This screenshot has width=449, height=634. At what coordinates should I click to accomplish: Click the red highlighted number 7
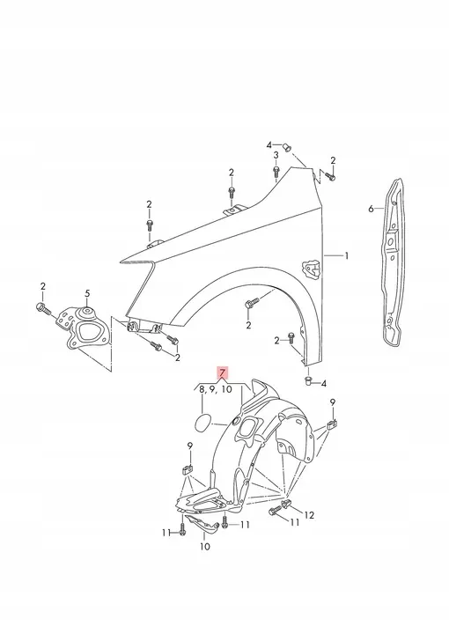click(x=223, y=373)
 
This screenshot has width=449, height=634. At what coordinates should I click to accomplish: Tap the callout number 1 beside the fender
click(x=347, y=256)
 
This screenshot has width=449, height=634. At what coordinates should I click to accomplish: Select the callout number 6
click(x=372, y=209)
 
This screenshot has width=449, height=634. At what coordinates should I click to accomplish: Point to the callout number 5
click(x=87, y=293)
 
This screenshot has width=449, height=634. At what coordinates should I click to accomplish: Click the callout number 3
click(x=276, y=155)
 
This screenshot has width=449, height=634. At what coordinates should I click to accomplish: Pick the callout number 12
click(x=310, y=513)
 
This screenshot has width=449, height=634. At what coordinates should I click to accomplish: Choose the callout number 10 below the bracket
click(x=205, y=547)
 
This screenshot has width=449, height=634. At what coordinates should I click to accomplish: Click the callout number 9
click(x=334, y=402)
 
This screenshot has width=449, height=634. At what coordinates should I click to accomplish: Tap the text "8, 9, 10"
click(x=215, y=389)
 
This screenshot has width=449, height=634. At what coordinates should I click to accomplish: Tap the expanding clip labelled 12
click(x=288, y=507)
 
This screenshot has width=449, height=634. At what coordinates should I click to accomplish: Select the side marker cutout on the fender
click(x=309, y=263)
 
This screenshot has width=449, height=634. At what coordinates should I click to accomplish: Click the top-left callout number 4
click(x=270, y=144)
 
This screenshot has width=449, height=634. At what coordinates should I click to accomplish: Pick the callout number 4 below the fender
click(x=323, y=384)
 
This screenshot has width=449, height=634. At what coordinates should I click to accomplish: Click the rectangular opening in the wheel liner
click(x=249, y=429)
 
